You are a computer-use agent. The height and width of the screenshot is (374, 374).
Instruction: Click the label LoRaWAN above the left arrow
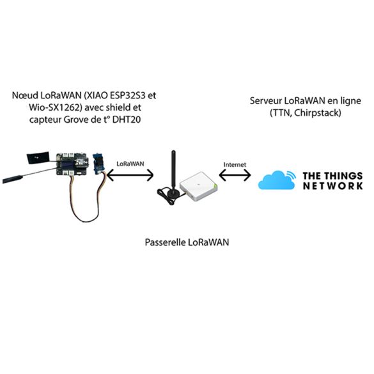point(130,164)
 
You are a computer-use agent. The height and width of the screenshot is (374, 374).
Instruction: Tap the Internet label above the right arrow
point(235,164)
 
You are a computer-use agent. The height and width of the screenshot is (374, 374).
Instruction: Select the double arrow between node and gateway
point(130,175)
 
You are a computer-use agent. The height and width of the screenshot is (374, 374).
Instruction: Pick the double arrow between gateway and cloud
point(235,176)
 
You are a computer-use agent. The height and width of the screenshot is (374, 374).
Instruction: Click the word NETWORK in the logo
point(333,186)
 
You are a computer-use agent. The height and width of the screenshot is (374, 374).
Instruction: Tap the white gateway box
point(198,186)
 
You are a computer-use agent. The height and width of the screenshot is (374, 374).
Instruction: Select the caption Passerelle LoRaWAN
point(187,242)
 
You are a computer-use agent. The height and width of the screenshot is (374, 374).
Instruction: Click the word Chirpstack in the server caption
point(317,113)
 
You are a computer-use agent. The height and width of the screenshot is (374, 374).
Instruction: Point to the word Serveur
point(265,100)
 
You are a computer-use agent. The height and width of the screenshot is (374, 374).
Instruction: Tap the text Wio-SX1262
point(54,107)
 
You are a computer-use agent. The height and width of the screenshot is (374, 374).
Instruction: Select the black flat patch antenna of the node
point(38,157)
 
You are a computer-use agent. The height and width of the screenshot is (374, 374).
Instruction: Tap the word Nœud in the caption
point(25,95)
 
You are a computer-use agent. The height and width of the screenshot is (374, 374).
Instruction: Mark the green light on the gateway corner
point(215,185)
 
